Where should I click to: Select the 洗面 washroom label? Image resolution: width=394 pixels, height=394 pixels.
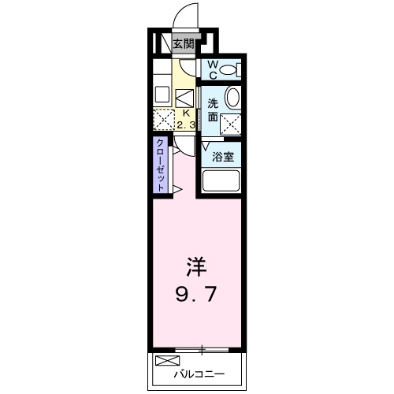213,110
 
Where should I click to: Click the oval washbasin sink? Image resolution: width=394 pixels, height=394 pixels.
232,98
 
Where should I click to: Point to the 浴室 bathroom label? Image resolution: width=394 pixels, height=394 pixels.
221,156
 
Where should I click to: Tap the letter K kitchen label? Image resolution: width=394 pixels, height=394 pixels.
184,113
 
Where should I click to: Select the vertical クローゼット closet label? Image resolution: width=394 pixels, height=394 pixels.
161,165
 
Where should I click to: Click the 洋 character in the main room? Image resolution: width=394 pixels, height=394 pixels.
196,267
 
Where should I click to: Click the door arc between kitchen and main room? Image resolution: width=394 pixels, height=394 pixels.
183,147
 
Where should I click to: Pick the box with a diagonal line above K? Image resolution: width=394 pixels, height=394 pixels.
184,98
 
